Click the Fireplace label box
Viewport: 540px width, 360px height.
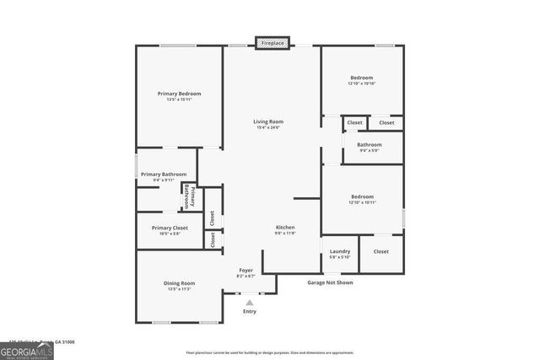point(273,42)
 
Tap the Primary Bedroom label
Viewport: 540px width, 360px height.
point(178,93)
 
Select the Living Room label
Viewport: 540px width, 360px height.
point(267,121)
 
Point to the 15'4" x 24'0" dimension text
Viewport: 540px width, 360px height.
point(267,128)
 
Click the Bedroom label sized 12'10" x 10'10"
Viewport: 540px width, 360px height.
point(361,78)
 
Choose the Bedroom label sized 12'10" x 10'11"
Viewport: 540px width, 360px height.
point(361,197)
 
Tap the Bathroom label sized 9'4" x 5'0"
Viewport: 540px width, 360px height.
point(370,144)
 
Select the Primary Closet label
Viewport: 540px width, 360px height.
point(170,228)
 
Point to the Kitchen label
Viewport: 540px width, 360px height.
point(285,228)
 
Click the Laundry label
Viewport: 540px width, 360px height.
point(340,250)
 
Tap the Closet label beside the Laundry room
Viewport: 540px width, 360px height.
point(381,251)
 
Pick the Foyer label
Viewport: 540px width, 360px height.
point(246,270)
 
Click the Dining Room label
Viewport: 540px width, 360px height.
point(179,282)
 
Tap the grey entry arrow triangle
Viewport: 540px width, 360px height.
point(249,301)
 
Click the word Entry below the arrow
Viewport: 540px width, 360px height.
point(249,311)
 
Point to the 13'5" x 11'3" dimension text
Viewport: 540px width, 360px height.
point(179,289)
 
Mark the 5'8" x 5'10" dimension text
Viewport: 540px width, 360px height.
point(340,257)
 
